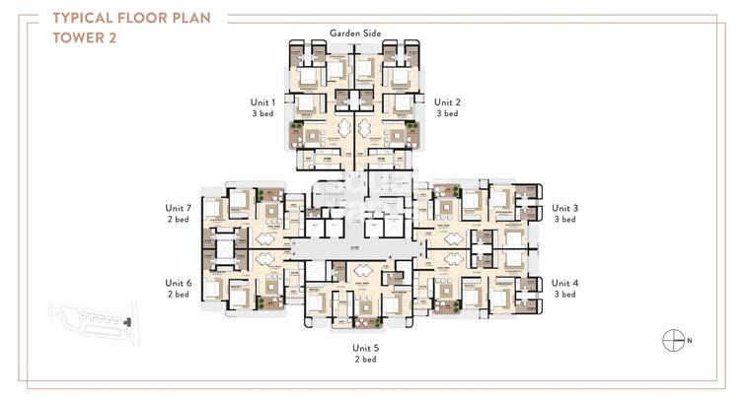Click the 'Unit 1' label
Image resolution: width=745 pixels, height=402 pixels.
263,101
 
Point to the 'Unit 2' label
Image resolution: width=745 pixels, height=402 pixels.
447,101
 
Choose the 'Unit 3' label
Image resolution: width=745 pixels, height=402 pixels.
565,208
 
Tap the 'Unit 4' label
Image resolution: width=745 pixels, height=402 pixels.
565,283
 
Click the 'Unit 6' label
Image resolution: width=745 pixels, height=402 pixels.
178,283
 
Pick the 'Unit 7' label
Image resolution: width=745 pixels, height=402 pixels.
178,208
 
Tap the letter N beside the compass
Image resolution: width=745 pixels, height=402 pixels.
689,341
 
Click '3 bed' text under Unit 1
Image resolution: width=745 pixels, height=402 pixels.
263,114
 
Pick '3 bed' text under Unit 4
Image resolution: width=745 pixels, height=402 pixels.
565,295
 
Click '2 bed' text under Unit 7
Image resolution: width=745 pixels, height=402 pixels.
178,220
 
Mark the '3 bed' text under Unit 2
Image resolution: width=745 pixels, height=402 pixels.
447,114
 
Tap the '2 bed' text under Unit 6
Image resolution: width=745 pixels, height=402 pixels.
178,295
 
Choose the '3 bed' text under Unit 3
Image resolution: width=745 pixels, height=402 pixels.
565,220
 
